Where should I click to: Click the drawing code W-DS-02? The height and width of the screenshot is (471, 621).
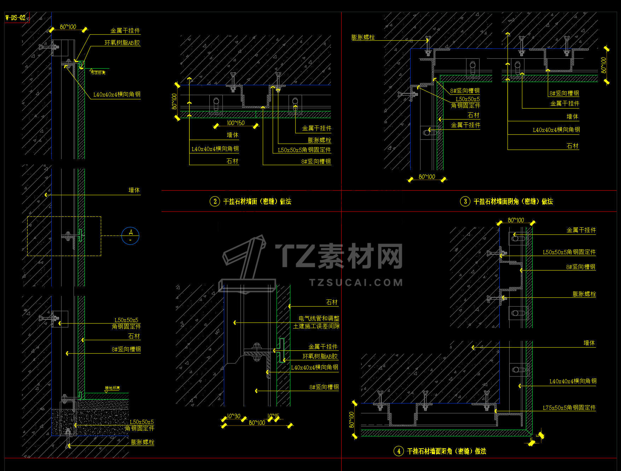click(x=16, y=18)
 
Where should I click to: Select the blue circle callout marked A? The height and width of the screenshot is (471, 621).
click(x=130, y=235)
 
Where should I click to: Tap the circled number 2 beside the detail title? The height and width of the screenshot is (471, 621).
click(x=215, y=202)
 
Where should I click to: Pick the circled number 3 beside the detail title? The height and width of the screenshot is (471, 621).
click(x=465, y=202)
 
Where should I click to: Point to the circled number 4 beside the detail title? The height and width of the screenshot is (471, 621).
click(x=399, y=451)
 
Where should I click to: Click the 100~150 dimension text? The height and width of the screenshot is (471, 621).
click(x=236, y=123)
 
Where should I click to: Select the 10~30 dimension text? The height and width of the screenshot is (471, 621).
click(x=233, y=416)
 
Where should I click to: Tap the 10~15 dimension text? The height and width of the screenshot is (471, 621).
click(x=273, y=416)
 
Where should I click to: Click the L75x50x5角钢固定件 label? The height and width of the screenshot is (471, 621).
click(x=569, y=408)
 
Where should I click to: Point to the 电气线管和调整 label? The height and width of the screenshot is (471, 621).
click(x=319, y=319)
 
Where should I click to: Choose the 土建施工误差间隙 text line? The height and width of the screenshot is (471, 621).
click(x=316, y=326)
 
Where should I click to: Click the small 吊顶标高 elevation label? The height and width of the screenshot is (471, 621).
click(x=98, y=73)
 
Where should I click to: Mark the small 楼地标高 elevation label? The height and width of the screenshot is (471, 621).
click(x=112, y=388)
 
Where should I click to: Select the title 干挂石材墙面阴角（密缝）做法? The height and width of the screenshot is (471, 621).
click(x=513, y=202)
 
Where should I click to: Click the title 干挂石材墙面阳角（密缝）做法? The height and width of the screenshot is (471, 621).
click(x=446, y=451)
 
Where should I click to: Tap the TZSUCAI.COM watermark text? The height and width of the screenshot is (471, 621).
click(x=356, y=283)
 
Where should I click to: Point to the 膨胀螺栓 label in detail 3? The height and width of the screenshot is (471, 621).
click(x=363, y=37)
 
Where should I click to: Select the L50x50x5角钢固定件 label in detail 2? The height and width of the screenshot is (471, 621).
click(x=304, y=150)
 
